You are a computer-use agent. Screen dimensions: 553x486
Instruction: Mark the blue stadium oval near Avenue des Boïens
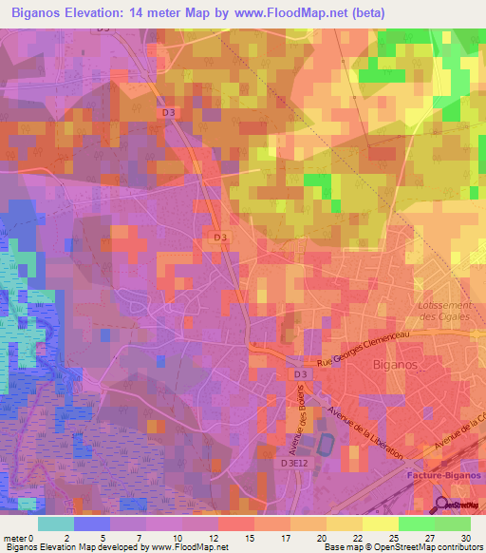coord(325,443)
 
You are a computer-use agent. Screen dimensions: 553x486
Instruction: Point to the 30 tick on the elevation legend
coord(463,536)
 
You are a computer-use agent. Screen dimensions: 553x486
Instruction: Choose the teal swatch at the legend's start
coord(56,523)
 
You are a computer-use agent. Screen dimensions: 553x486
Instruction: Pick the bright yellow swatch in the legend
coord(381,523)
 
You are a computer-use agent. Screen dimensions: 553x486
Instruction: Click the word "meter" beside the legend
coord(14,536)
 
